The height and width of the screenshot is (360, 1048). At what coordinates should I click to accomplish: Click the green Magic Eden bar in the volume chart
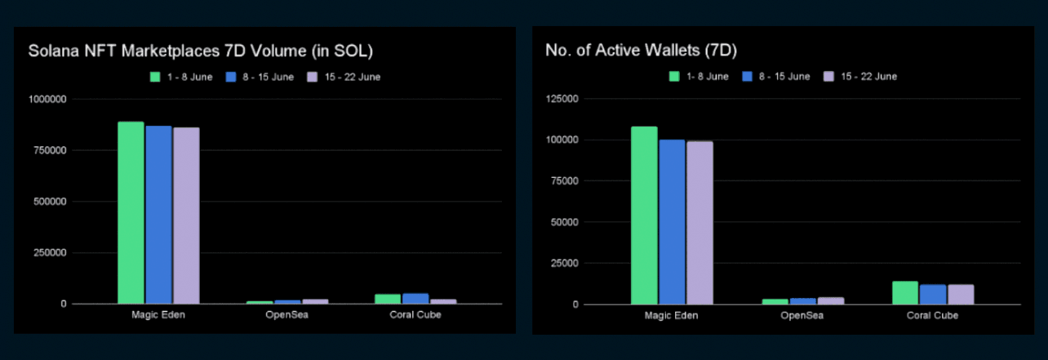point(131,212)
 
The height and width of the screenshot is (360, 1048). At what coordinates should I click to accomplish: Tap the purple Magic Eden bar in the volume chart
point(186,216)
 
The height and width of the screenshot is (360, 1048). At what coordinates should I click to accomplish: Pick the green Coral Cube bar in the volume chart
point(388,299)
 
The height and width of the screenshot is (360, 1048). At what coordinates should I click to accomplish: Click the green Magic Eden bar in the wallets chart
point(644,216)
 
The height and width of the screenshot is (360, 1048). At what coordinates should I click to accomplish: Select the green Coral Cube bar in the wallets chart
point(905,293)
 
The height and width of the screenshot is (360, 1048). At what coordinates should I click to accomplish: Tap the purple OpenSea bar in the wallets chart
point(831,300)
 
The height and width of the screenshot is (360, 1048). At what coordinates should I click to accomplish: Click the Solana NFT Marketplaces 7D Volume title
point(200,51)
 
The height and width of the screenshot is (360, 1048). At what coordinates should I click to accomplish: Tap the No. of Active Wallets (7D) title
point(641,51)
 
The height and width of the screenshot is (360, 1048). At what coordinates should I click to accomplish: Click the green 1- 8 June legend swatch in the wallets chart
point(674,76)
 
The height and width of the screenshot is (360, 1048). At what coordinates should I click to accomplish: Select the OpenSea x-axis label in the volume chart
point(286,315)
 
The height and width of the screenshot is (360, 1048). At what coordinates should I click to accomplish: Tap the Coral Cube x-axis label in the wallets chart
point(933,316)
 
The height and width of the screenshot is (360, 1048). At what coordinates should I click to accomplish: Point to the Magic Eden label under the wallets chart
point(672,316)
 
